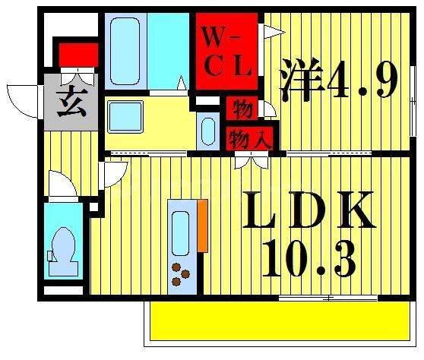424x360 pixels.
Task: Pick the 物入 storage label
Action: (250, 137)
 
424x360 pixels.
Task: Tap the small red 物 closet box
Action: (242, 109)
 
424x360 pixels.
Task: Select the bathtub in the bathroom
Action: (125, 51)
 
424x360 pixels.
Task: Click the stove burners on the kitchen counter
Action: (181, 273)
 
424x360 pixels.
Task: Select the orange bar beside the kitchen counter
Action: (202, 226)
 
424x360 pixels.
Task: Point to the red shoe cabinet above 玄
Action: (78, 55)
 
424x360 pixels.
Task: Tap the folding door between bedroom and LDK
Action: (250, 159)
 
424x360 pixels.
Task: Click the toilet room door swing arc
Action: (61, 183)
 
